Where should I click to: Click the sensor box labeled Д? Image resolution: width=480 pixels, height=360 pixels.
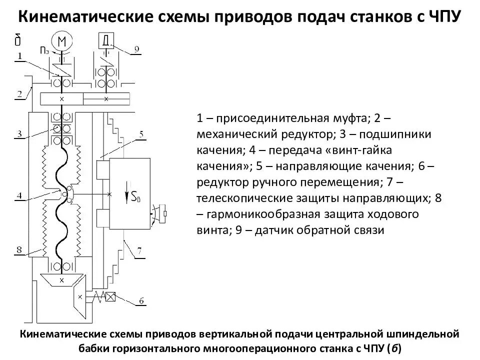106,40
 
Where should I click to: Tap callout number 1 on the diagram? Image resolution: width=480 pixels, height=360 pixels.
19,56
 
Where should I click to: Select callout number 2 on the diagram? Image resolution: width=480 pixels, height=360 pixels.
19,93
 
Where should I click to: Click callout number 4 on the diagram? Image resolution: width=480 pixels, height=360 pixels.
19,195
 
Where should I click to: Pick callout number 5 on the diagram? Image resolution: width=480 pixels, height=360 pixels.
141,134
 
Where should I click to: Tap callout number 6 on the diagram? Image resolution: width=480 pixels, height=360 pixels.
141,300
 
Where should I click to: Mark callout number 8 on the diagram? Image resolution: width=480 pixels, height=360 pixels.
19,248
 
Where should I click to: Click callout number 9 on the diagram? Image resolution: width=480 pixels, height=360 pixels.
136,49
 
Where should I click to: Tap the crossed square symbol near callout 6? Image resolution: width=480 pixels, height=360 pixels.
110,296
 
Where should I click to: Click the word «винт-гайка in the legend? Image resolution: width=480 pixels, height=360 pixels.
356,150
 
